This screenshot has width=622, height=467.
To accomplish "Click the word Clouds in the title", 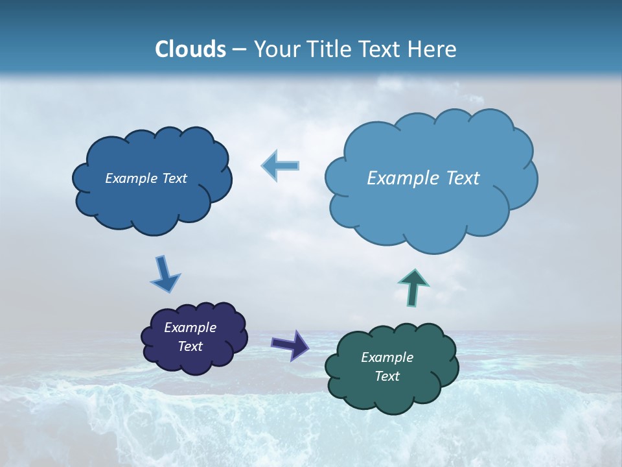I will (190, 49).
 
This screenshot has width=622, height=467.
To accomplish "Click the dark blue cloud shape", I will (153, 201).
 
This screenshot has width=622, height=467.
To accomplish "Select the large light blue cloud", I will (431, 214).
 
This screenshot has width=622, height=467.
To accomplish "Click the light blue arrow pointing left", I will (281, 166).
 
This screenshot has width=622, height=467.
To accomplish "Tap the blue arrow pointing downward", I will (165, 274).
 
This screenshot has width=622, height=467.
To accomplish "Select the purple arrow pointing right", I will (290, 344).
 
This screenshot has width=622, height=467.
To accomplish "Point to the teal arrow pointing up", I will (413, 287).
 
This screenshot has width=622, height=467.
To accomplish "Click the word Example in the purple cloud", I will (190, 328).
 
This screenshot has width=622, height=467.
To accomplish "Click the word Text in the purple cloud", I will (190, 346).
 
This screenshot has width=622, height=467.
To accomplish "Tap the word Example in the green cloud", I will (387, 357).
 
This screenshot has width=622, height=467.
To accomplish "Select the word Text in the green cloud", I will (387, 376).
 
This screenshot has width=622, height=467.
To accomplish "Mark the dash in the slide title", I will (239, 50).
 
